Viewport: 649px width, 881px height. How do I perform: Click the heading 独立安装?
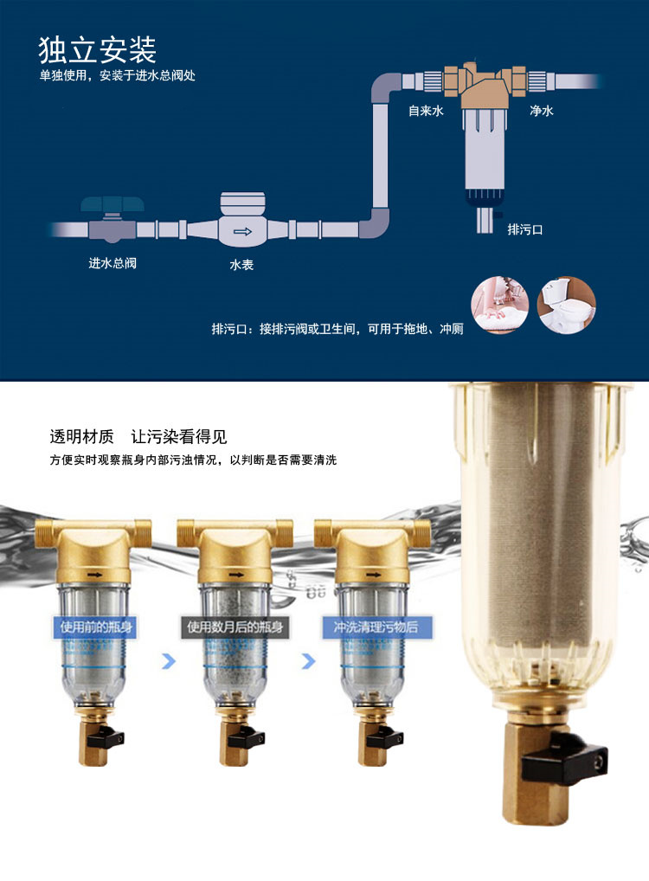coord(97,50)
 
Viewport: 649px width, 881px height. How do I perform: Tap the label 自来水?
coord(426,111)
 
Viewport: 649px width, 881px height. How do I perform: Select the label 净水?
coord(542,111)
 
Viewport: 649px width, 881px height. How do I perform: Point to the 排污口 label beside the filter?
coord(524,229)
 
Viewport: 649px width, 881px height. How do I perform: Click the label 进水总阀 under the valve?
coord(112,263)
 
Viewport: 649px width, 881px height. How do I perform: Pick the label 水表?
coord(241,265)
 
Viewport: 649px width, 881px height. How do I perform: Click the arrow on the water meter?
coord(243,231)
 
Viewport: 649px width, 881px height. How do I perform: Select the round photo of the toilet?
coord(567,305)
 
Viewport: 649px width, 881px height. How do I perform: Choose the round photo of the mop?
coord(500,305)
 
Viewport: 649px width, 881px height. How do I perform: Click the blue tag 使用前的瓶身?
coord(96,627)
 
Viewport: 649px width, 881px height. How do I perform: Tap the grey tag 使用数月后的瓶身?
coord(235,627)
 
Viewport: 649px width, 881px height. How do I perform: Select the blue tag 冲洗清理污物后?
coord(376,627)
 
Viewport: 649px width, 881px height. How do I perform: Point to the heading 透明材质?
coord(81,436)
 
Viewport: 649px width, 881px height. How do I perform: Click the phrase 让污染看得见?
coord(179,436)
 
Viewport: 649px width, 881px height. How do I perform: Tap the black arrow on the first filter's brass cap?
coord(95,575)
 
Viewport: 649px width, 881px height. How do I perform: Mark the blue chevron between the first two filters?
coord(169,661)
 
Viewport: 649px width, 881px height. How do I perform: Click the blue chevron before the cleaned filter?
coord(308,661)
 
